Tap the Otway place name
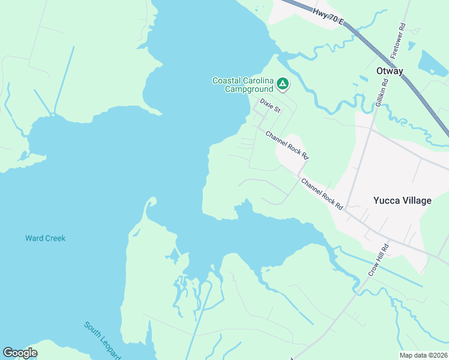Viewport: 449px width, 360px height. click(389, 71)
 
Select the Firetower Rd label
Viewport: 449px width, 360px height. click(399, 41)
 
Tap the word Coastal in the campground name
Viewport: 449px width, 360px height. click(228, 81)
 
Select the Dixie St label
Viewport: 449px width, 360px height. click(270, 106)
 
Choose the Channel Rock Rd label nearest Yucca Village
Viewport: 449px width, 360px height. click(322, 194)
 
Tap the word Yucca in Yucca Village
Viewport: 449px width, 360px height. click(385, 200)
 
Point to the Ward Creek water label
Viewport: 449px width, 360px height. click(45, 238)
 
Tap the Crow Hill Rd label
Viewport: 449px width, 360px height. click(379, 259)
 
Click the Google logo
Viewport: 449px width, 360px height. click(20, 353)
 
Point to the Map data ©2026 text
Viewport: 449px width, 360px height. click(423, 355)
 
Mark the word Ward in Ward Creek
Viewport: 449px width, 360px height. click(34, 238)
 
